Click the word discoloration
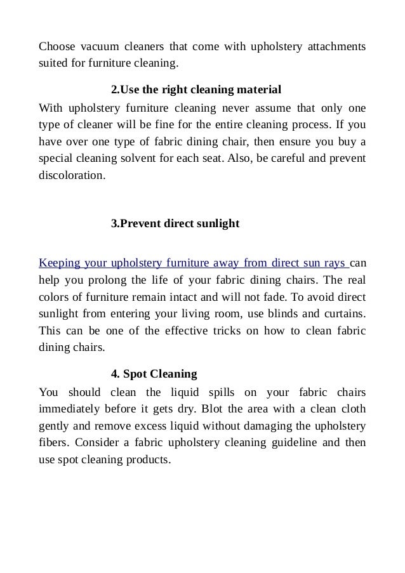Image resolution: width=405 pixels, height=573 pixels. [x=69, y=174]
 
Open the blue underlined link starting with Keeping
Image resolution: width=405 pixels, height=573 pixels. [x=192, y=262]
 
